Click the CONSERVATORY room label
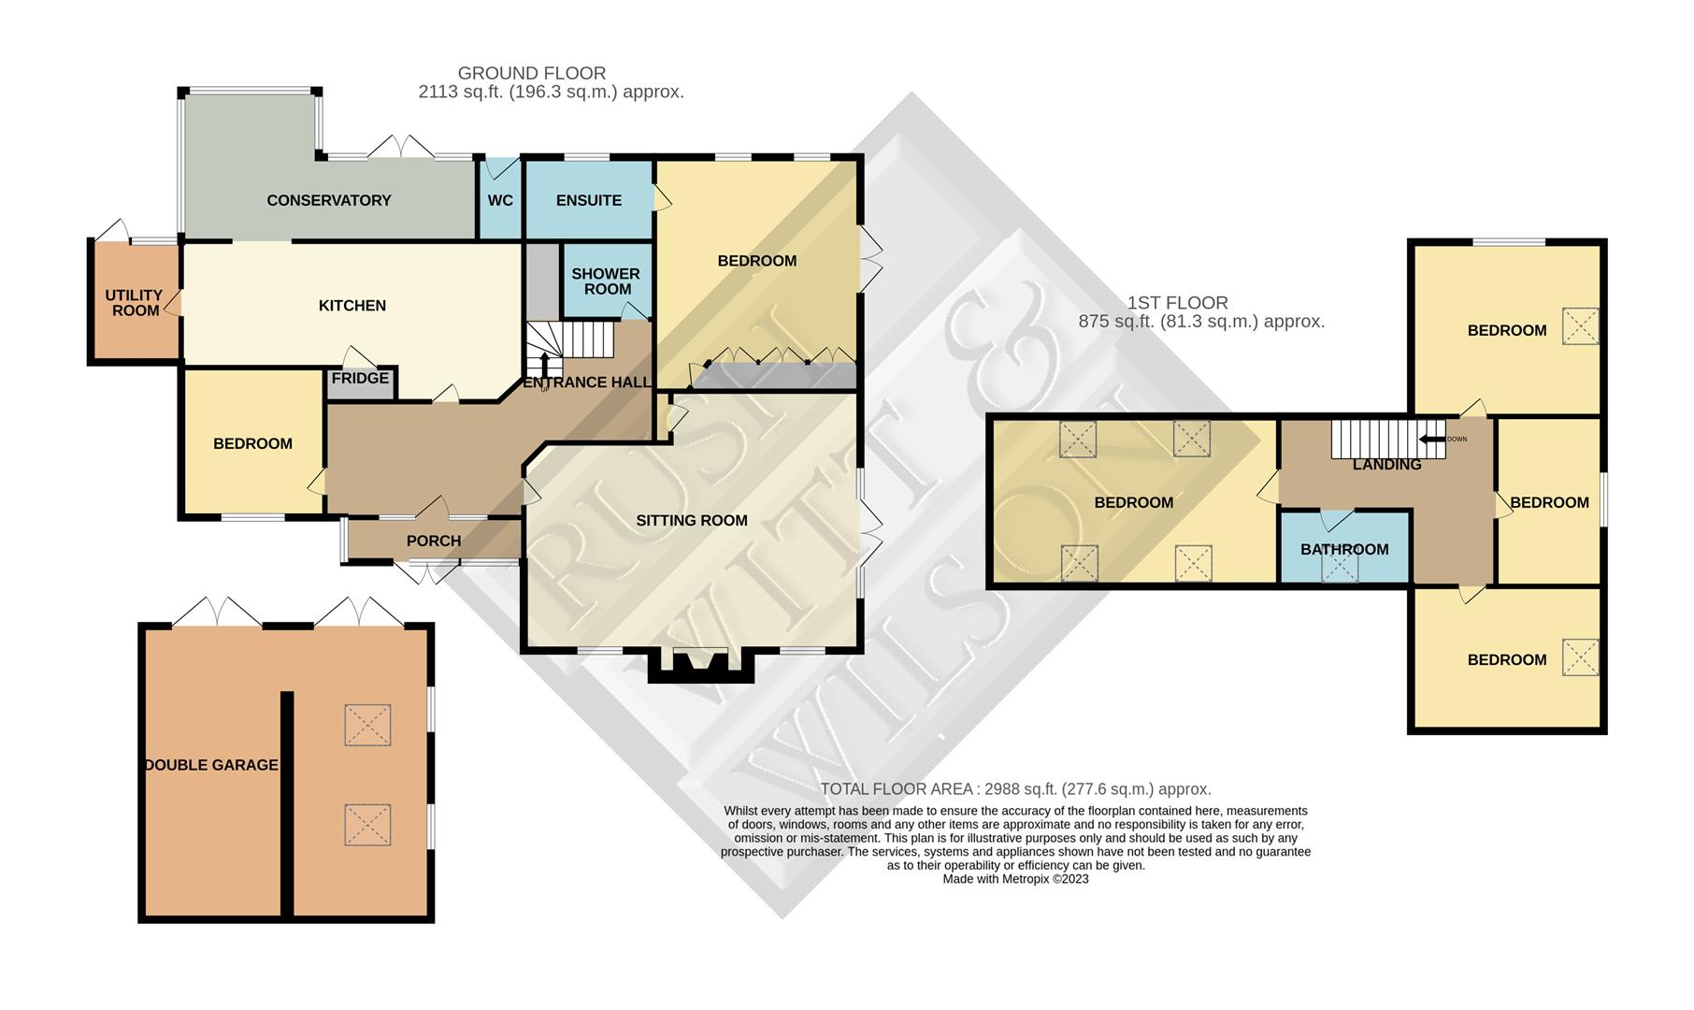pos(328,200)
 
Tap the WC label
pos(500,200)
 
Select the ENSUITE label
pos(588,200)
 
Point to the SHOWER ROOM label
pos(606,281)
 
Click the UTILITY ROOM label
pos(135,303)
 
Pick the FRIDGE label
pos(360,378)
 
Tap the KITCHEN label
pos(352,306)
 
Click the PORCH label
pos(434,541)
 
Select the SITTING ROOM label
pos(692,521)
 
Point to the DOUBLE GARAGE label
pos(211,765)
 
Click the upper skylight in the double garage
pos(367,726)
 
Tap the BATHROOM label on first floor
pos(1344,550)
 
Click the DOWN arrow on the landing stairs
pos(1431,440)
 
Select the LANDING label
pos(1386,465)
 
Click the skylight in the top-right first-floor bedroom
pos(1580,326)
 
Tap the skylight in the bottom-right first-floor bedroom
pos(1580,656)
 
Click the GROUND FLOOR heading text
pos(532,73)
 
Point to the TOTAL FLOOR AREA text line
pos(1015,789)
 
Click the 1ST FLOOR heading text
pos(1177,303)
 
